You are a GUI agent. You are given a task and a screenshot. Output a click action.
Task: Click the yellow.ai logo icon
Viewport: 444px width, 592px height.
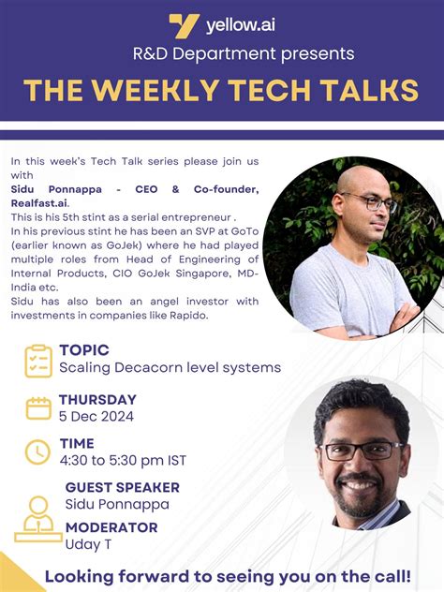pyautogui.click(x=183, y=24)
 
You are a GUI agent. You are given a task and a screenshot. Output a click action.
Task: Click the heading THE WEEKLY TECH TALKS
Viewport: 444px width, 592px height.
pyautogui.click(x=221, y=90)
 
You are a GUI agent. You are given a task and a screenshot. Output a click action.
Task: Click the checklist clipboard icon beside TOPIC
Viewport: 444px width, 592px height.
pyautogui.click(x=37, y=360)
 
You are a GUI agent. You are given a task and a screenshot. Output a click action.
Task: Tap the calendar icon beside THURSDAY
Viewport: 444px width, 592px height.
pyautogui.click(x=38, y=407)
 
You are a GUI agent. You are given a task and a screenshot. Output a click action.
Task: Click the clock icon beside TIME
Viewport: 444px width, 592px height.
pyautogui.click(x=37, y=451)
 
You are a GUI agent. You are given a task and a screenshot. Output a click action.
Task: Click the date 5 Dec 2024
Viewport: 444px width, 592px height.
pyautogui.click(x=96, y=417)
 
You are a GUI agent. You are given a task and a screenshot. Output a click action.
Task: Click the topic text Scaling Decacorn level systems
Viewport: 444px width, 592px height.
pyautogui.click(x=170, y=367)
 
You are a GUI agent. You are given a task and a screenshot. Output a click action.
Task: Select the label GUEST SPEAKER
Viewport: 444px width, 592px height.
pyautogui.click(x=122, y=487)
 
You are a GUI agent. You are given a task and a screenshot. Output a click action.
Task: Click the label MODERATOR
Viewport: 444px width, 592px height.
pyautogui.click(x=111, y=527)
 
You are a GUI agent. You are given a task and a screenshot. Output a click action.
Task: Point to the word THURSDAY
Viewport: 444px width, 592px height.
pyautogui.click(x=97, y=400)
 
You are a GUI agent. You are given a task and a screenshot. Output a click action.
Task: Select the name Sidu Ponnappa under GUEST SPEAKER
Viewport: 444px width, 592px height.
pyautogui.click(x=117, y=504)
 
